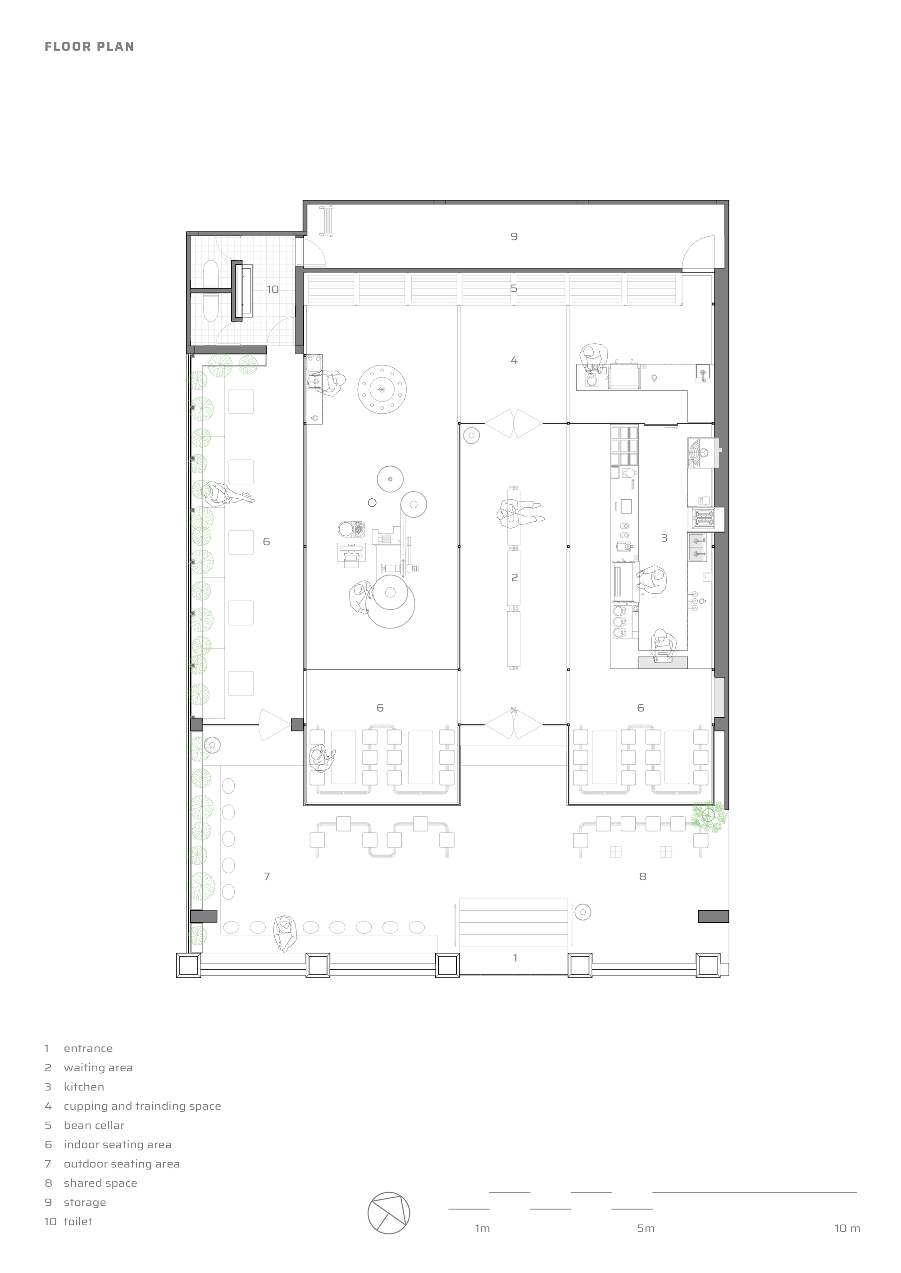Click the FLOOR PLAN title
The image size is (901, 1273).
click(89, 46)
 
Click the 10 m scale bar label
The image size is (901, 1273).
click(847, 1228)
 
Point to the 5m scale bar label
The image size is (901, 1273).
click(646, 1228)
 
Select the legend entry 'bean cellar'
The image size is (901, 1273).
click(94, 1125)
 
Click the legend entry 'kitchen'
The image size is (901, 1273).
click(84, 1087)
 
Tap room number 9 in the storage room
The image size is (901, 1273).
click(514, 237)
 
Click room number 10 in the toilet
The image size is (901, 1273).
click(273, 289)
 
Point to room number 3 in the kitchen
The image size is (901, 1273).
click(664, 538)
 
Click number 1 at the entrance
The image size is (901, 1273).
click(515, 957)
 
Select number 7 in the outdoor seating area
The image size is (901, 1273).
click(267, 876)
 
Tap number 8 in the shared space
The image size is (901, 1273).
click(642, 876)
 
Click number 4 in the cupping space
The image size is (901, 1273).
click(514, 361)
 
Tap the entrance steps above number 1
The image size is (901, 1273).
click(514, 923)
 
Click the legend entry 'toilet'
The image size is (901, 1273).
click(77, 1221)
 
